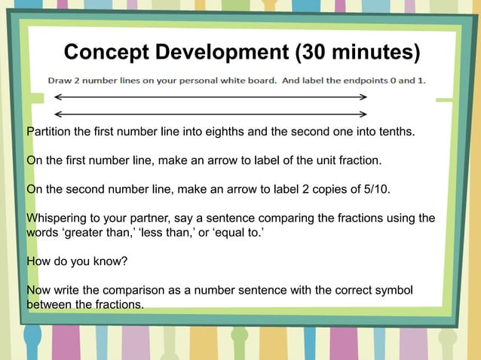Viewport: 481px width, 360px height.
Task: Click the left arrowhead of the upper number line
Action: point(56,96)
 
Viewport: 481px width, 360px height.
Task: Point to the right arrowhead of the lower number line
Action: point(364,114)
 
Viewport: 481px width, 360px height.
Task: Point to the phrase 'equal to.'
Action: point(243,233)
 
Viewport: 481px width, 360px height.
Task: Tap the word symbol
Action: point(395,290)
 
